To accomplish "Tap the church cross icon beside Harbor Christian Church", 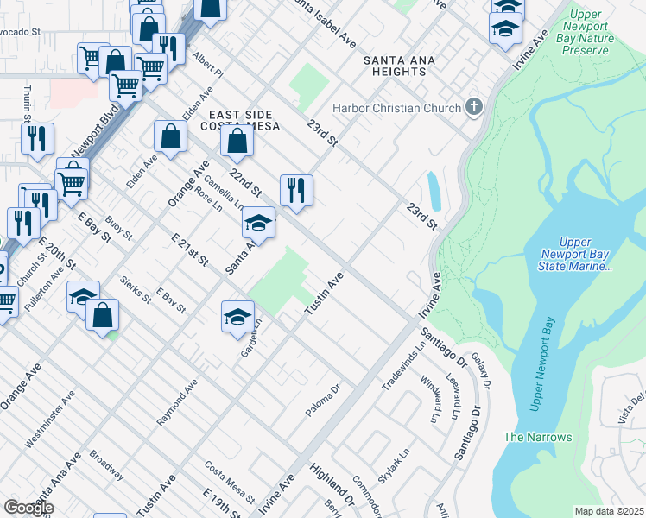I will (x=472, y=108).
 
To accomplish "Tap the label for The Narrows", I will (x=537, y=437).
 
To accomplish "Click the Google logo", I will (x=28, y=508).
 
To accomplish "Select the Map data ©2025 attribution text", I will (x=609, y=511).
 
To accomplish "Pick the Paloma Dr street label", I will (x=324, y=401).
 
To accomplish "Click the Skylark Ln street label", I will (x=393, y=464).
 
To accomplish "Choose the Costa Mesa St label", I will (x=229, y=482).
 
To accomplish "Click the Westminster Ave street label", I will (x=50, y=419).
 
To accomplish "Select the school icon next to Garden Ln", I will (x=237, y=316).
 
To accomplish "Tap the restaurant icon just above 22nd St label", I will (x=296, y=190).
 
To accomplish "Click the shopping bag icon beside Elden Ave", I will (x=170, y=136).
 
